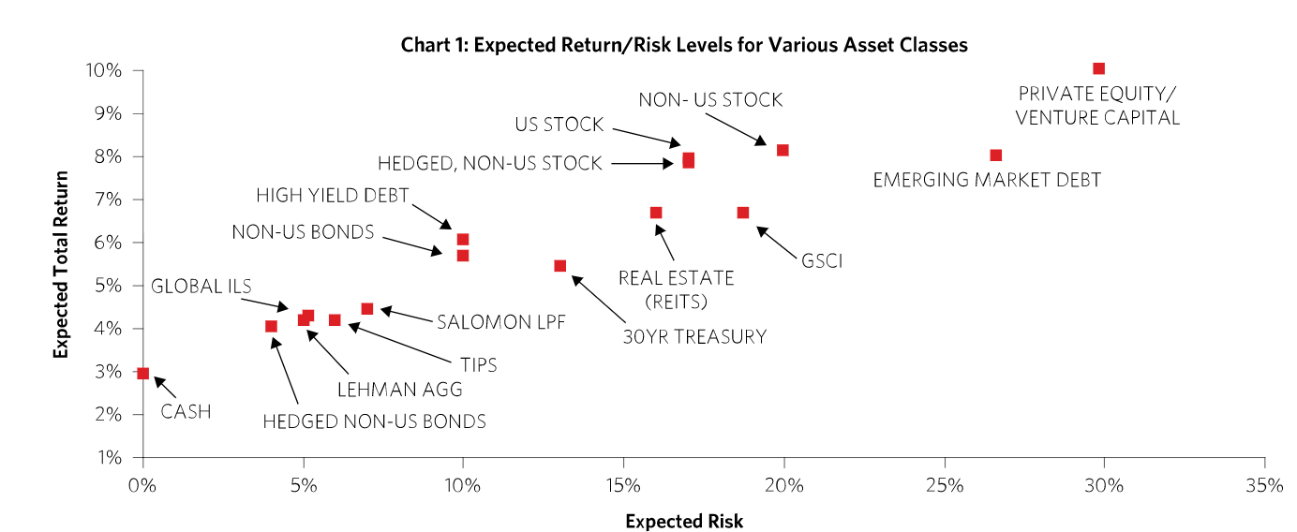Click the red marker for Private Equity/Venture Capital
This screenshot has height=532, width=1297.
click(x=1098, y=68)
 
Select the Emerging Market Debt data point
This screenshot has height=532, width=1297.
click(x=995, y=155)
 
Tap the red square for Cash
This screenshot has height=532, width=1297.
click(x=142, y=373)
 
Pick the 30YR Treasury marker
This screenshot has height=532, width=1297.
click(x=559, y=266)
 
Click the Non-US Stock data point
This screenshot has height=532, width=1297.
click(x=783, y=150)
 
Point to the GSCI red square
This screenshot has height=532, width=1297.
click(x=742, y=213)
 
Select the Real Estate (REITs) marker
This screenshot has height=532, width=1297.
click(x=655, y=213)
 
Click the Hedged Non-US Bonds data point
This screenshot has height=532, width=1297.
click(x=271, y=326)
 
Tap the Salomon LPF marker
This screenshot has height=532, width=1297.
click(x=366, y=308)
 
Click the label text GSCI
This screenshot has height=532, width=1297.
click(x=821, y=261)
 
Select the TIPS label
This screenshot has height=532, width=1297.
click(x=477, y=365)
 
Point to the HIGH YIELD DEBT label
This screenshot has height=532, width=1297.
click(x=332, y=196)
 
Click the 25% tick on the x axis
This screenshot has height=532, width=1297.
click(x=944, y=485)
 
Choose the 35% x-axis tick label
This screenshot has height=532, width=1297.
click(x=1264, y=485)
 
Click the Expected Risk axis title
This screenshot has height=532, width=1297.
click(x=684, y=522)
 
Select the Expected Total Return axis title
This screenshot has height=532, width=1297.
click(x=62, y=264)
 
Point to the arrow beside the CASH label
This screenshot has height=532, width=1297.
click(x=163, y=386)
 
